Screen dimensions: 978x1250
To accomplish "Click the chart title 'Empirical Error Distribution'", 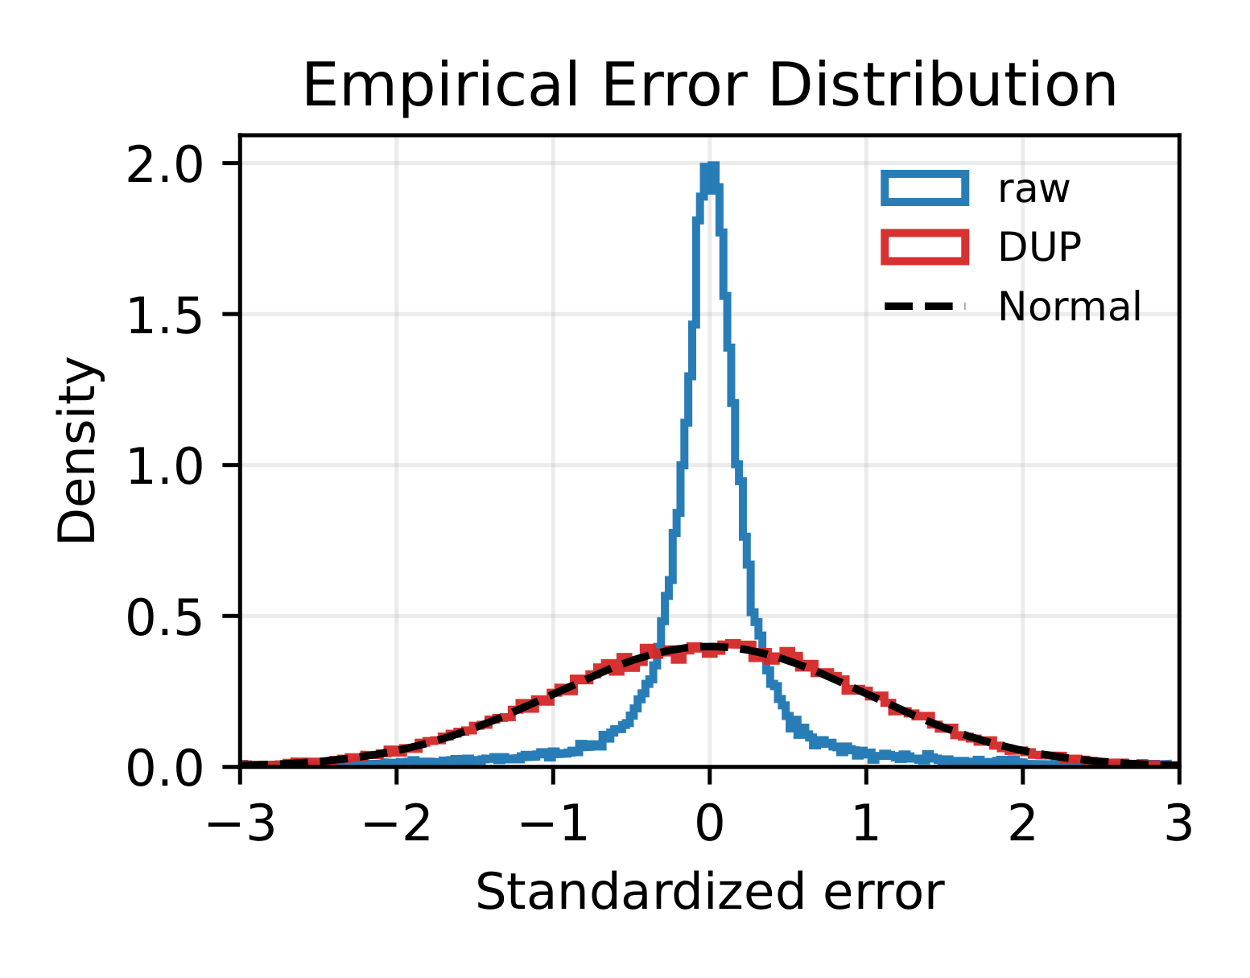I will click(709, 85).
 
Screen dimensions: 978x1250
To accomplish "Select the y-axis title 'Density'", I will click(78, 450).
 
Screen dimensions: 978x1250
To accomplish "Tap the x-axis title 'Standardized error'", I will click(709, 893).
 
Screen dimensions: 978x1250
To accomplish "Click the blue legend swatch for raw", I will click(924, 188).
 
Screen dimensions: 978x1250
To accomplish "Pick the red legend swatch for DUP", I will click(924, 246).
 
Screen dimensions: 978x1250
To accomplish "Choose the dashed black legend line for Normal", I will click(924, 306).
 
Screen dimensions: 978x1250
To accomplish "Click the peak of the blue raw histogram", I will click(710, 167).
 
